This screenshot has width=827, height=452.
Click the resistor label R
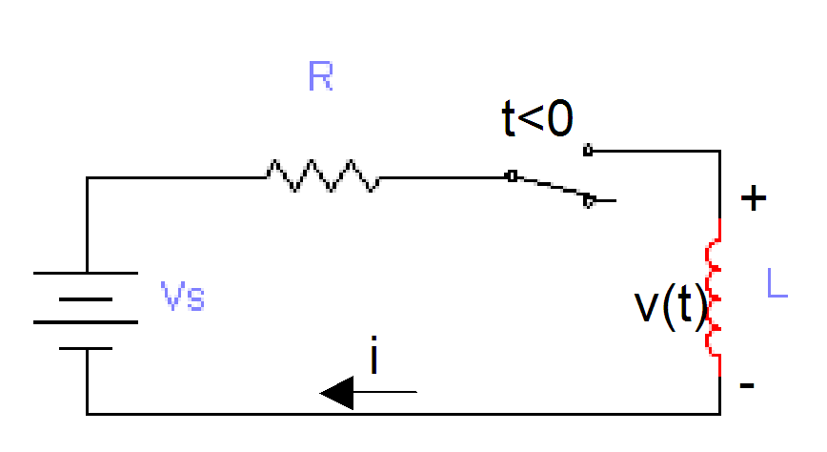click(x=321, y=76)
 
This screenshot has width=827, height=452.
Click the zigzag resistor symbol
click(x=322, y=176)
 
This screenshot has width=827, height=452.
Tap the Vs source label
click(x=183, y=299)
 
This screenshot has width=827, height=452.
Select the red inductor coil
click(x=714, y=298)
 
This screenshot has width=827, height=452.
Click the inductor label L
click(x=777, y=282)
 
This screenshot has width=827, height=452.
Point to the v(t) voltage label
click(x=671, y=307)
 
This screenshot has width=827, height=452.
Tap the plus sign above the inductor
click(x=754, y=198)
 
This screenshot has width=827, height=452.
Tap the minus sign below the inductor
click(x=748, y=385)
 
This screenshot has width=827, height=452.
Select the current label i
click(x=375, y=358)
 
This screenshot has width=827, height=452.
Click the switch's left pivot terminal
click(x=513, y=176)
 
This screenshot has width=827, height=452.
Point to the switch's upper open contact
click(x=588, y=150)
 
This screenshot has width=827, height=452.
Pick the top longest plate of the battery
click(x=86, y=275)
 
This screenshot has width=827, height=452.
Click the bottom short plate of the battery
click(x=86, y=347)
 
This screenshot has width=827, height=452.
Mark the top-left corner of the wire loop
click(x=87, y=177)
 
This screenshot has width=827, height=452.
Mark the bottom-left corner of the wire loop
click(x=87, y=414)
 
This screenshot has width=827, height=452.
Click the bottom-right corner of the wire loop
click(x=719, y=414)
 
